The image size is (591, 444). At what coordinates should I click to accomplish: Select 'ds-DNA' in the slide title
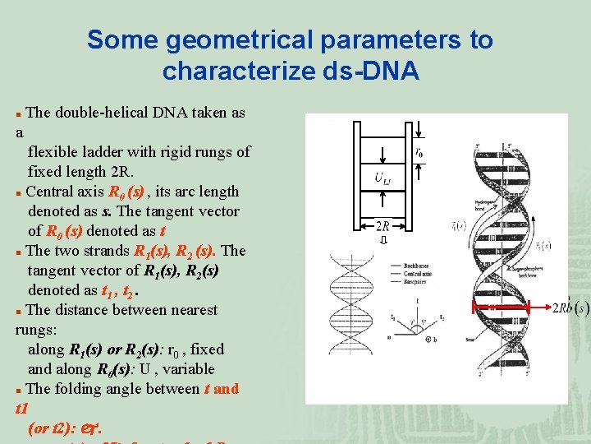(x=373, y=72)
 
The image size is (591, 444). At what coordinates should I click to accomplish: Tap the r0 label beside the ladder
(x=419, y=152)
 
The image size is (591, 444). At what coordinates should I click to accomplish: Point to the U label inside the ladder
(x=383, y=178)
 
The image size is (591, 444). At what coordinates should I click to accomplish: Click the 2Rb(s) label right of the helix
(x=570, y=308)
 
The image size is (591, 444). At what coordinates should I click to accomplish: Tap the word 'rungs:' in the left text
(x=38, y=330)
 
